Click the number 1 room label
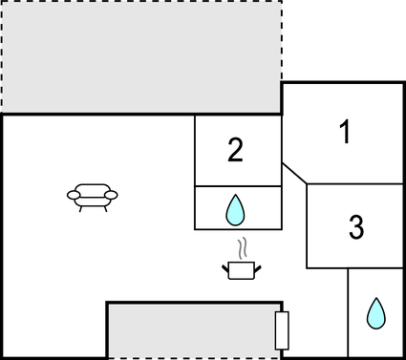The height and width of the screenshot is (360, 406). click(x=346, y=132)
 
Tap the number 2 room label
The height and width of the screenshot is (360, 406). click(x=236, y=149)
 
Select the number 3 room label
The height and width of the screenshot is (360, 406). click(x=355, y=227)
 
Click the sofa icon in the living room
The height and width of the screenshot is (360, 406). click(x=93, y=197)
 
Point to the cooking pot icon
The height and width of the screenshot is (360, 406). click(x=242, y=270)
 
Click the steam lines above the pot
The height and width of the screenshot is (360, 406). click(x=245, y=249)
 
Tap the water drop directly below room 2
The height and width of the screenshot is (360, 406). click(x=236, y=209)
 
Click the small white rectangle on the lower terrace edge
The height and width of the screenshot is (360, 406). click(x=281, y=329)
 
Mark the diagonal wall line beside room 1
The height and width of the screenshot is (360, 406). click(x=294, y=173)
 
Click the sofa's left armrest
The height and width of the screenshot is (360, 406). click(x=74, y=196)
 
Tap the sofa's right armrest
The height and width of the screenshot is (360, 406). click(x=112, y=196)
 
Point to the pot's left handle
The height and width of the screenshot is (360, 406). click(x=225, y=268)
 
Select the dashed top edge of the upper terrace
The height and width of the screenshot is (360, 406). click(x=140, y=1)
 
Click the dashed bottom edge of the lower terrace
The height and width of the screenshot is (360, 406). click(x=191, y=358)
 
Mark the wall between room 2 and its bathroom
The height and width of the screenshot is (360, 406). click(x=238, y=186)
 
